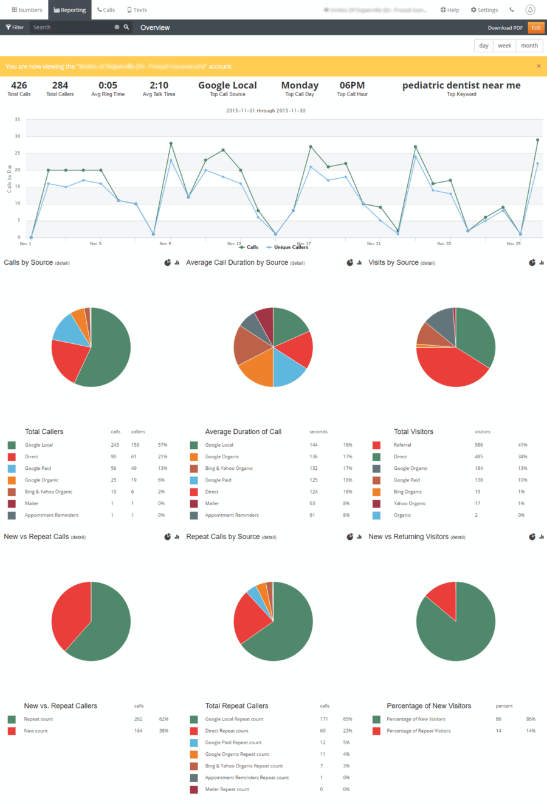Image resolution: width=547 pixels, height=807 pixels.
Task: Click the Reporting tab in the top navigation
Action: (x=69, y=10)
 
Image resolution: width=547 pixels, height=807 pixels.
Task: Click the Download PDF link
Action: (x=504, y=28)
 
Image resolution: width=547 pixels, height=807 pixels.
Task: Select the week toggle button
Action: (x=504, y=46)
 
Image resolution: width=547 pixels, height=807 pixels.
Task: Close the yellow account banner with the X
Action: (x=538, y=66)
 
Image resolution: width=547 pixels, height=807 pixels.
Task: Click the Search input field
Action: (x=72, y=27)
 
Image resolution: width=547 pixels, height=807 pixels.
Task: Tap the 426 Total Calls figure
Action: (x=19, y=86)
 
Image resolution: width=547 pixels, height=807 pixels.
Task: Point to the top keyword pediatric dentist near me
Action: (x=461, y=86)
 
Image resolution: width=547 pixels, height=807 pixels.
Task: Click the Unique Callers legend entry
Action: (x=291, y=247)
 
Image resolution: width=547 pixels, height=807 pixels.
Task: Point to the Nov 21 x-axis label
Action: (x=374, y=243)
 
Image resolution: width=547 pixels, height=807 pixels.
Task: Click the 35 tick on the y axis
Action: (x=18, y=120)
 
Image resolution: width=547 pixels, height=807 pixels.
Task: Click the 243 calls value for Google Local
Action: (x=115, y=445)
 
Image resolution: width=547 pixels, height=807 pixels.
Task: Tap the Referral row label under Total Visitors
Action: (x=402, y=445)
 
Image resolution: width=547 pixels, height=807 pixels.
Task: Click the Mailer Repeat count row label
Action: (x=227, y=789)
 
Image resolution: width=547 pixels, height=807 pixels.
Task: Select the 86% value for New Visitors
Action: (x=531, y=719)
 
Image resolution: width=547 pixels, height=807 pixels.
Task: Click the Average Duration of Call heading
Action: (x=243, y=431)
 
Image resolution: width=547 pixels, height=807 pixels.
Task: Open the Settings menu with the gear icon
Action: (x=484, y=10)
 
